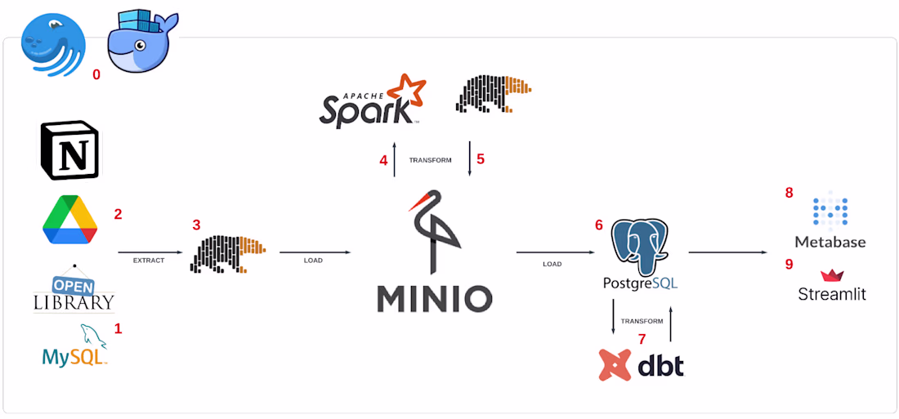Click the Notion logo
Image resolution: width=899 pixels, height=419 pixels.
coord(69,151)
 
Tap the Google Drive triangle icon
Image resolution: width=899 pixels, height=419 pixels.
coord(70,220)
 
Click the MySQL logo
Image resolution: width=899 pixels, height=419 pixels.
coord(75,346)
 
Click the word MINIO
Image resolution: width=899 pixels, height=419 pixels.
coord(434,298)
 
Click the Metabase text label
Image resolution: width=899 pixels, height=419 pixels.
coord(830,242)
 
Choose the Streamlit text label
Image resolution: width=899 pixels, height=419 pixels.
coord(832,294)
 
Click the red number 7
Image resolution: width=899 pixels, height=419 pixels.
coord(642,339)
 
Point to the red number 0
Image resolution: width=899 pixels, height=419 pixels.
coord(96,75)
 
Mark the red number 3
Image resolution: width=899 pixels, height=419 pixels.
coord(196,224)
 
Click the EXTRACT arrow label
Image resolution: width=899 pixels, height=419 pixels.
coord(149,261)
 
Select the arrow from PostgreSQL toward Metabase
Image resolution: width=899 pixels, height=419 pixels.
coord(727,253)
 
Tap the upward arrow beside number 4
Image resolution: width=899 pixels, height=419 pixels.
coord(395,159)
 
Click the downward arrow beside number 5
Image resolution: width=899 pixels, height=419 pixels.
coord(469,159)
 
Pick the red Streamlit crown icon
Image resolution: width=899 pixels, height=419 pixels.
coord(832,275)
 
